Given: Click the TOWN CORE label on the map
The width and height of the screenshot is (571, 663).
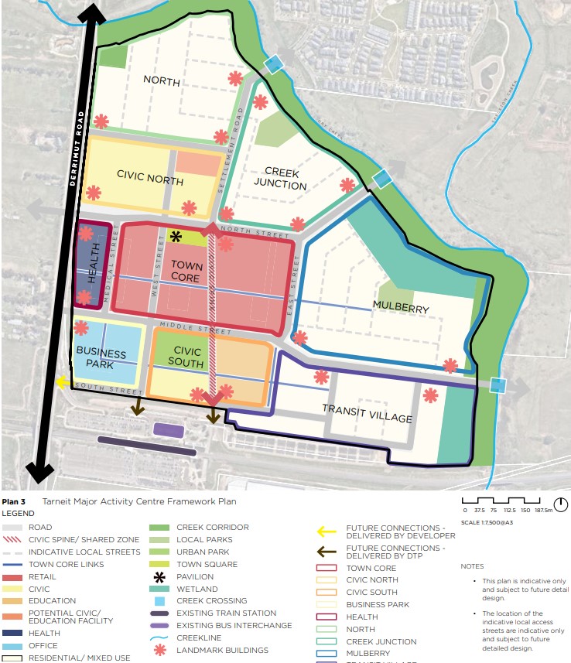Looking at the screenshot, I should [x=186, y=272].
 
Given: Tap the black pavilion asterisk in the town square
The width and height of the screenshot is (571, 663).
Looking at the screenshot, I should [x=176, y=237].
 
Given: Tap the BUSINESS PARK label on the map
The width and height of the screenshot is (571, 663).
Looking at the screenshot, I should [x=101, y=358].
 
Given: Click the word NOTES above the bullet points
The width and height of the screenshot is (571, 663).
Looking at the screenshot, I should [x=473, y=566].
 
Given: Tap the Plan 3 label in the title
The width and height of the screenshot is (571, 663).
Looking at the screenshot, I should [x=14, y=501].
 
